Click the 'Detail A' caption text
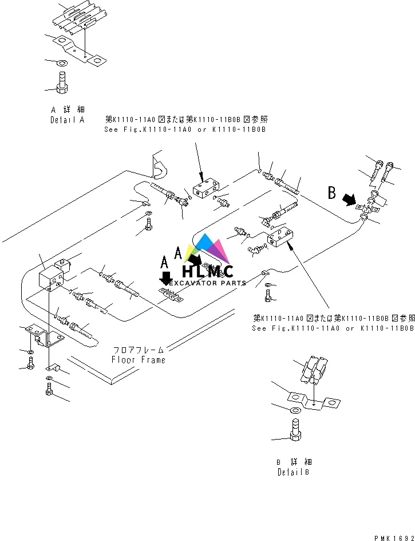(67, 120)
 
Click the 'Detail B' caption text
(294, 473)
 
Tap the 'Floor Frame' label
(138, 360)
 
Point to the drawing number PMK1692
(393, 538)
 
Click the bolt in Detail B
(295, 432)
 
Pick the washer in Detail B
(294, 410)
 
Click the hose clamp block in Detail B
(313, 370)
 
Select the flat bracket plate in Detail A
(77, 48)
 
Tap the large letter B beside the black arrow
(331, 193)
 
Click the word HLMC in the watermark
(207, 272)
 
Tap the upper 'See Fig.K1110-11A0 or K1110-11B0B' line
(185, 130)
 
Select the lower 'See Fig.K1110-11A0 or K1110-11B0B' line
(333, 328)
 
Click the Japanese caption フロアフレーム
(138, 350)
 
